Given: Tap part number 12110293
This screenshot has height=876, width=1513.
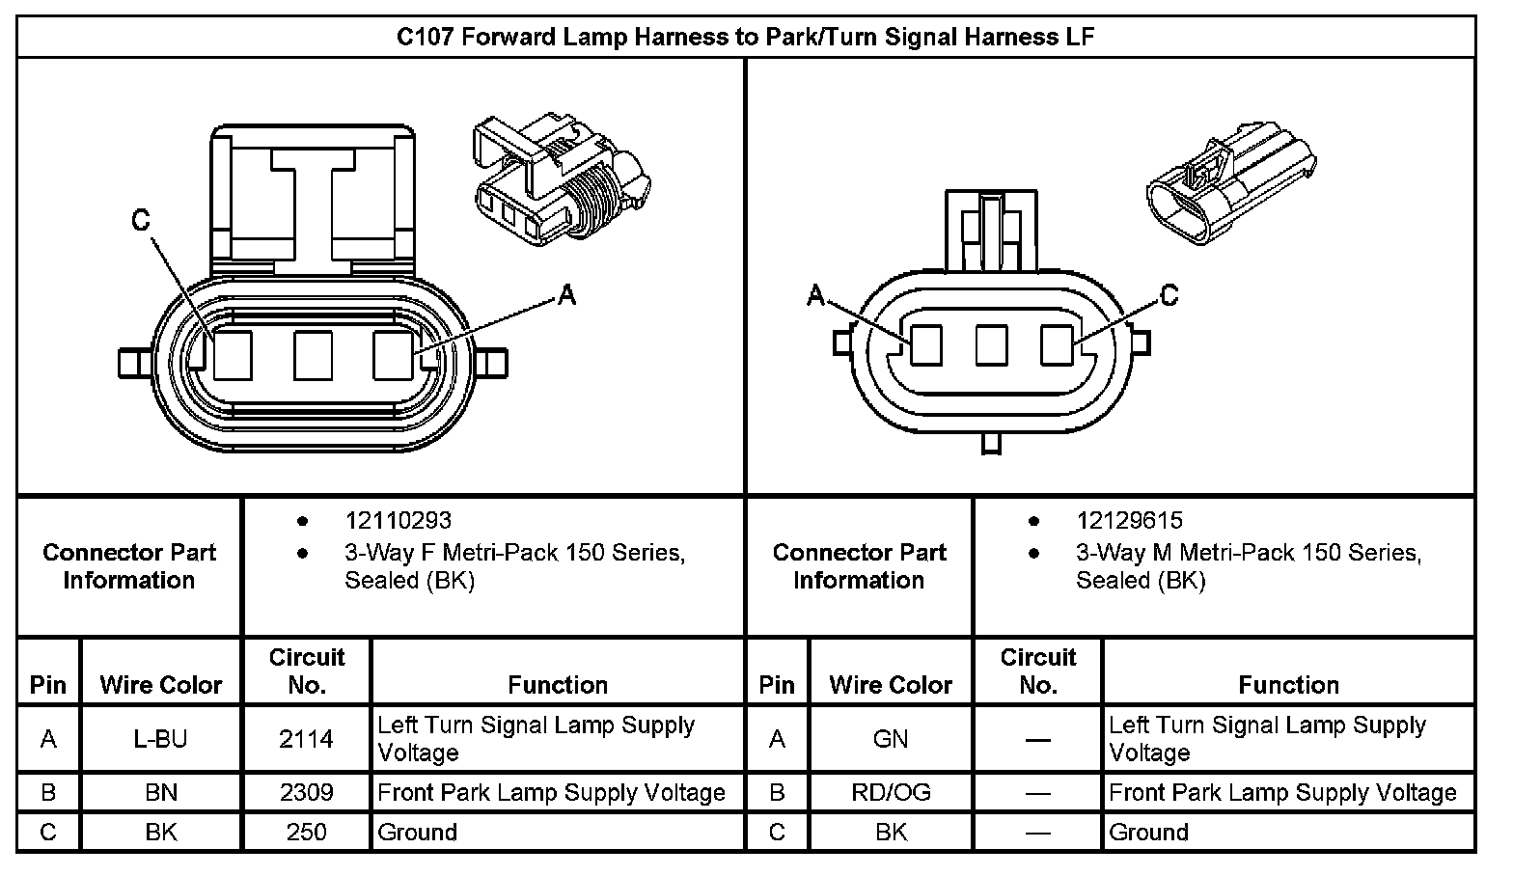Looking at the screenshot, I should tap(398, 521).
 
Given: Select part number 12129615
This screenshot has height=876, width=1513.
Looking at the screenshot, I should tap(1129, 521).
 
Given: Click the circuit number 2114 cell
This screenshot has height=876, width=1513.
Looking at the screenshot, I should tap(306, 739).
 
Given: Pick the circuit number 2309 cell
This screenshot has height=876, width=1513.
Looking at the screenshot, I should tap(306, 793).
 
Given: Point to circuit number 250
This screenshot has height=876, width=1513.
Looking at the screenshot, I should tap(306, 832).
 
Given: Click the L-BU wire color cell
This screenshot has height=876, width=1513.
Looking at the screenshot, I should tap(161, 739).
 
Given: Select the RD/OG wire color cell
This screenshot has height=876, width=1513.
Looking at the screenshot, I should tap(891, 793).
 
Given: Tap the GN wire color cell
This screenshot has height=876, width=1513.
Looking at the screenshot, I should tap(891, 739).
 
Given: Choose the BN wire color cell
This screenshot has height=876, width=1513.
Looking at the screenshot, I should tap(161, 793).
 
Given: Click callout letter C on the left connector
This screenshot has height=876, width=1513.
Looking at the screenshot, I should tap(142, 221).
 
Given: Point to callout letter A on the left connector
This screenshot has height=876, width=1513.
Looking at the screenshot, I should tap(567, 295).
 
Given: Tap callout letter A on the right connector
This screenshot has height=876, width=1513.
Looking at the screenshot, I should tap(816, 294).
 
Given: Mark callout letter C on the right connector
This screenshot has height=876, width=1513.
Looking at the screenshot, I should tap(1169, 294).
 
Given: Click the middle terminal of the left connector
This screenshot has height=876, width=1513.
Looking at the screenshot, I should tap(313, 355).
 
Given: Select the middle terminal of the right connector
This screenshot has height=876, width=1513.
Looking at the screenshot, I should tap(991, 345).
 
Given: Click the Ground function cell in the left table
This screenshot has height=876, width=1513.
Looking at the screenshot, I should tap(558, 832).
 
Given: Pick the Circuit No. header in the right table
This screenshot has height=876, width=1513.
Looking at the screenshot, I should tap(1037, 671).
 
